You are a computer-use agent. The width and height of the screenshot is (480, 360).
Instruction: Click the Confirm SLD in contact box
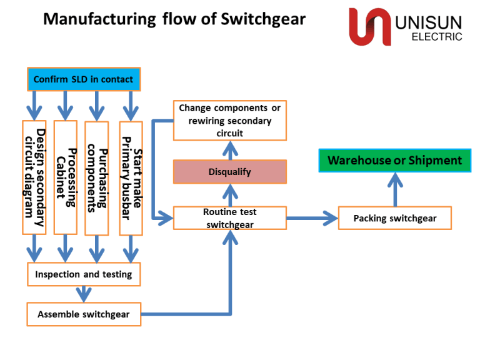click(x=83, y=79)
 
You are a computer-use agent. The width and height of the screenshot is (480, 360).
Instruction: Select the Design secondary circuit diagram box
click(x=34, y=177)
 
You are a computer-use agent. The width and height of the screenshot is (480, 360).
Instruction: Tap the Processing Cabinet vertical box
click(x=65, y=177)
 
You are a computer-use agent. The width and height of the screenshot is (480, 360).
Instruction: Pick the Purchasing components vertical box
click(x=96, y=177)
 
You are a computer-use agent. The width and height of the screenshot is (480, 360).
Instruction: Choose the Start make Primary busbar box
click(x=131, y=177)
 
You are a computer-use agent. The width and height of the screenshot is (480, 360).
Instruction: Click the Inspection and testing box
click(x=83, y=274)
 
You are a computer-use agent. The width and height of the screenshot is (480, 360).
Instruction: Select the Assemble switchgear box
click(x=83, y=314)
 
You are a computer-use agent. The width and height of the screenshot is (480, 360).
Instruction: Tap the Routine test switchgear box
click(x=229, y=217)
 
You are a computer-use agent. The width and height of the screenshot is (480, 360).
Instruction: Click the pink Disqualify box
click(x=229, y=171)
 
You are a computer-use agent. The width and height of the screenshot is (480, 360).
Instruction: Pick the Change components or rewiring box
click(x=229, y=120)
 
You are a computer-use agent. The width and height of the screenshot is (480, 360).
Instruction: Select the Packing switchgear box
click(x=394, y=218)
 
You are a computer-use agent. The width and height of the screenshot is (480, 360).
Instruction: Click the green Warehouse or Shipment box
click(x=394, y=161)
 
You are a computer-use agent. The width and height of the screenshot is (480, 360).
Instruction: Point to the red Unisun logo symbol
click(x=370, y=27)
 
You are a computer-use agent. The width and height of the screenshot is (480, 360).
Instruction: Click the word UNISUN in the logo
click(x=429, y=23)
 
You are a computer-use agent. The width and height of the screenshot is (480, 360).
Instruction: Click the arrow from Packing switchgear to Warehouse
click(x=394, y=189)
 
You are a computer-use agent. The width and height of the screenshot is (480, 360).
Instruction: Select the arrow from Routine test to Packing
click(x=312, y=218)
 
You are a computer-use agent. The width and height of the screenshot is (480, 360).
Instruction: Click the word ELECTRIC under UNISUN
click(x=437, y=37)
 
